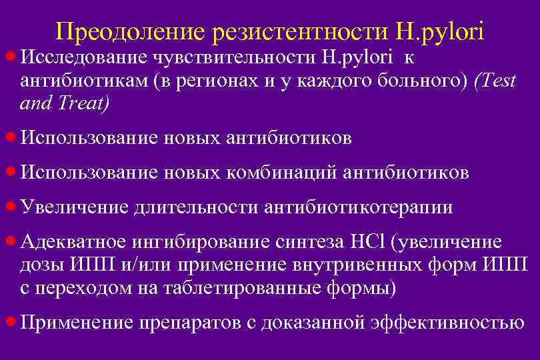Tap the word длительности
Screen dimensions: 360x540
[x=196, y=207]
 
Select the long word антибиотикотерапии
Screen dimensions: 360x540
[x=359, y=207]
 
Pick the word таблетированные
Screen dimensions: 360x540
[x=244, y=288]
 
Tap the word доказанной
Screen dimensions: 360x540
[x=312, y=323]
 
